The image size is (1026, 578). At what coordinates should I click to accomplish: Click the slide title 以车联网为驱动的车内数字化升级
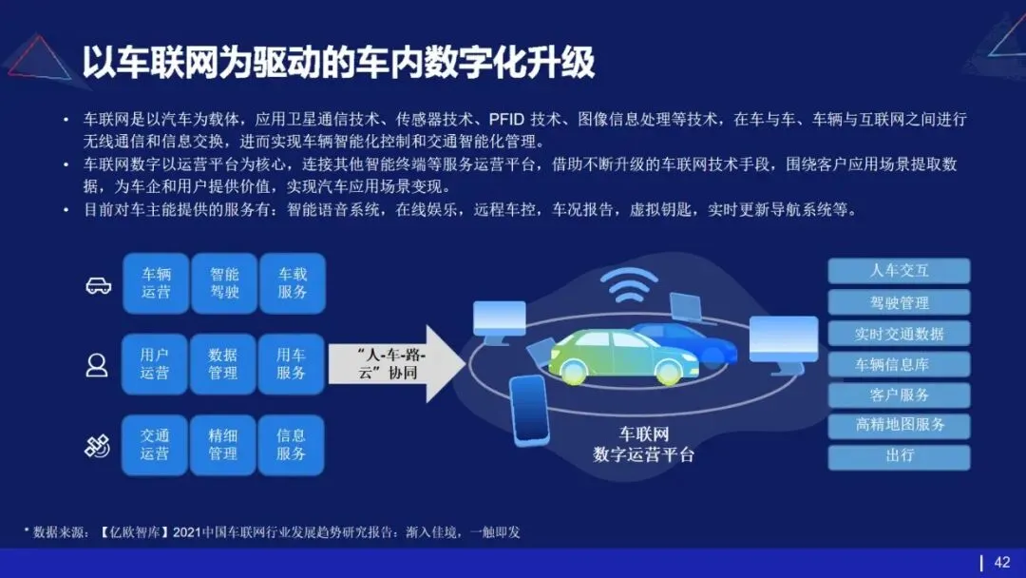pos(337,62)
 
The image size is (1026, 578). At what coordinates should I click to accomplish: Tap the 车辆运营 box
pos(156,283)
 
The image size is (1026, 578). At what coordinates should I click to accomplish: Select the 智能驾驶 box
pos(223,283)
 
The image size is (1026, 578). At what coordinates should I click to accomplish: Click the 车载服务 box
pos(292,283)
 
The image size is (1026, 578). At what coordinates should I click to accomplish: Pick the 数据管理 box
pos(223,364)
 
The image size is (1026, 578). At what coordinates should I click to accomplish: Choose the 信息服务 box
pos(292,445)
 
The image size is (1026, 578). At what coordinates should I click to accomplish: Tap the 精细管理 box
pos(223,445)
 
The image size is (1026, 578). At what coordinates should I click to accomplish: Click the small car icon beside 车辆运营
pos(98,285)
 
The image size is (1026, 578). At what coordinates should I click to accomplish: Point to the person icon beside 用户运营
pos(97,365)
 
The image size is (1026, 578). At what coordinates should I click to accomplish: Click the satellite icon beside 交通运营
pos(97,445)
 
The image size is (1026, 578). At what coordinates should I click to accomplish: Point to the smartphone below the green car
pos(529,410)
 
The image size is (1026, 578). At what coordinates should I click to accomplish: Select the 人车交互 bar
pos(899,271)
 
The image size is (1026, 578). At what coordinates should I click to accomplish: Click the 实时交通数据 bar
pos(899,334)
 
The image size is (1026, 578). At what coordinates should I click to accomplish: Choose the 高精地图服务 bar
pos(899,425)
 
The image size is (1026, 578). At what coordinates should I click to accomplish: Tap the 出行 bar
pos(899,456)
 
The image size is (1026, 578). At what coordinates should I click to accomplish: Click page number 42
pos(1001,562)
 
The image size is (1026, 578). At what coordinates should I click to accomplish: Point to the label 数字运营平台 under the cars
pos(643,454)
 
